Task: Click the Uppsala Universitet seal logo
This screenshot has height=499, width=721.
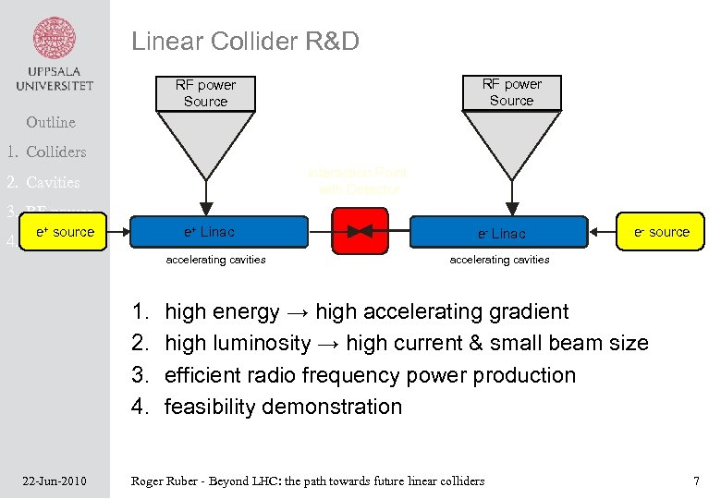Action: (55, 40)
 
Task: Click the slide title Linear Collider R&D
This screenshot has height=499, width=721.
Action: (245, 41)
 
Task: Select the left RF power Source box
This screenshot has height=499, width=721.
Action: (205, 92)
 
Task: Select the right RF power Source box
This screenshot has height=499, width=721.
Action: (511, 92)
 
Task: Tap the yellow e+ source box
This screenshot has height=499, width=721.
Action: (64, 232)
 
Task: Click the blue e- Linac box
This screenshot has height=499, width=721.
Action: (499, 233)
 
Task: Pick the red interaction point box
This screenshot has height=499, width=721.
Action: (360, 232)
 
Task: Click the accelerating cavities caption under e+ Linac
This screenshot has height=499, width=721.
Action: (215, 260)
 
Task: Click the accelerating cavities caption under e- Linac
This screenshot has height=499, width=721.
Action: (499, 260)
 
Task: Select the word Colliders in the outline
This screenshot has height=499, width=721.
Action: (56, 152)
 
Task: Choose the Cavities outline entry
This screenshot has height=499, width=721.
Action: (53, 182)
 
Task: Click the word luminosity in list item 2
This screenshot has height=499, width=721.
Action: (267, 344)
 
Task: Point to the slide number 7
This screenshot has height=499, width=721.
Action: (696, 481)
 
